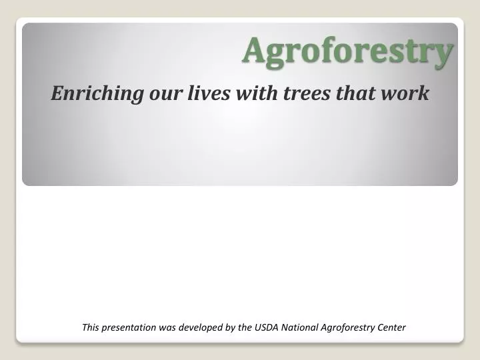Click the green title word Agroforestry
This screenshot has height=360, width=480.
347,51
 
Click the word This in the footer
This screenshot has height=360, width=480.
91,327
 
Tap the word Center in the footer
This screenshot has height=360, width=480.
392,327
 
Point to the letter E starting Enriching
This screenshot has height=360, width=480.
57,94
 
